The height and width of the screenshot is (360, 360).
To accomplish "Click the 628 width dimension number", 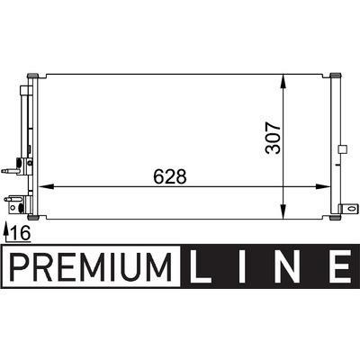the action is click(x=170, y=176).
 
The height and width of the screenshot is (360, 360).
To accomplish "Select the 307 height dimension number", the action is click(x=274, y=138).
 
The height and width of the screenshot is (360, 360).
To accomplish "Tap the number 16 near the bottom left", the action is click(x=21, y=233).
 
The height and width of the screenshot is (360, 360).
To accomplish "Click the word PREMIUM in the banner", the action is click(x=91, y=266).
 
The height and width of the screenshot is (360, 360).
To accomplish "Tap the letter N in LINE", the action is click(x=283, y=266).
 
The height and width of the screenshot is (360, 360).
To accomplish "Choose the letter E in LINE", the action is click(x=339, y=266).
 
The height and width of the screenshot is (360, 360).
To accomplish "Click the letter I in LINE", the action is click(x=242, y=266).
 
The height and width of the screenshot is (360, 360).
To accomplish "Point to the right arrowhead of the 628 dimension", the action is click(x=322, y=186).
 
